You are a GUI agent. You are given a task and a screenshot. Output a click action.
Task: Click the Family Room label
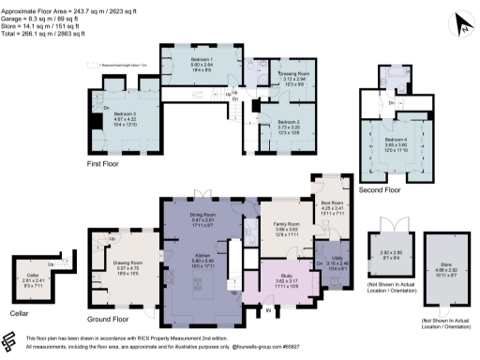pyautogui.click(x=286, y=225)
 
